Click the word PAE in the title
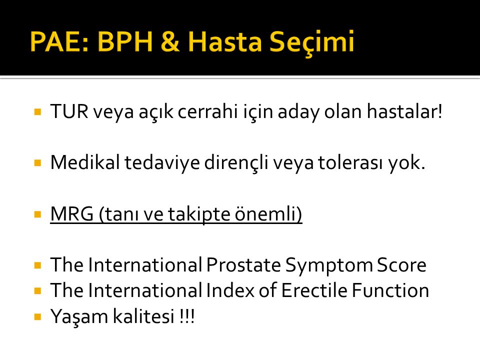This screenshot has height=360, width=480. (x=59, y=41)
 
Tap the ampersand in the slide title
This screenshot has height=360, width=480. (x=169, y=41)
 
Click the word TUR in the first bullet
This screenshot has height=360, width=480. (x=69, y=111)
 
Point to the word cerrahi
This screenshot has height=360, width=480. (x=208, y=111)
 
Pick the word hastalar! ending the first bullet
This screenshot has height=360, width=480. (x=404, y=111)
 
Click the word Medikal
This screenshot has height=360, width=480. (x=85, y=162)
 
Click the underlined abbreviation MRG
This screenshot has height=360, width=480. (x=72, y=213)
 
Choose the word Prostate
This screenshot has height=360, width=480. (x=243, y=264)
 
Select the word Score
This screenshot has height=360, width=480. (x=401, y=265)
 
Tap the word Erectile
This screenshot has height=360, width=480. (x=314, y=290)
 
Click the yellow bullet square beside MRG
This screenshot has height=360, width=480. (x=38, y=214)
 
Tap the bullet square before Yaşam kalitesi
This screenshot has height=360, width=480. (x=38, y=316)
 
